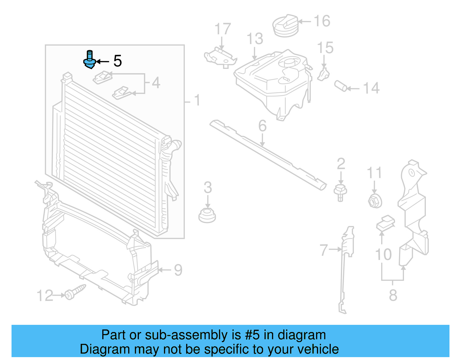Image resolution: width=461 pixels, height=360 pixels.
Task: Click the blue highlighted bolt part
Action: tap(90, 61)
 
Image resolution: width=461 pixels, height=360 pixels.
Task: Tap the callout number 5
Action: tap(117, 61)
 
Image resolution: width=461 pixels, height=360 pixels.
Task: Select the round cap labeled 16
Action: tap(285, 26)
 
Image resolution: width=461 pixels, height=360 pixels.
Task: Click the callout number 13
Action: tap(255, 39)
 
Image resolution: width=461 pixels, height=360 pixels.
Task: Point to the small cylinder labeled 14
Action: tap(341, 86)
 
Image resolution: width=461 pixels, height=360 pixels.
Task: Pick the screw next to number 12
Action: tap(75, 292)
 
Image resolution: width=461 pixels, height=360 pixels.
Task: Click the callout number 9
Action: tap(178, 270)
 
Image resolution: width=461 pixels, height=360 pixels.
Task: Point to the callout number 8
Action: tap(393, 295)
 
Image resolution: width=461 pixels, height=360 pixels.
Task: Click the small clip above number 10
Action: tap(386, 223)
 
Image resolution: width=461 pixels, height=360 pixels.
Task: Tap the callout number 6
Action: tap(262, 126)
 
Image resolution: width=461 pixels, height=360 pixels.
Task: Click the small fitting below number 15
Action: tap(324, 75)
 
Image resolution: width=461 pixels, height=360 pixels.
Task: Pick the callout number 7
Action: tap(324, 250)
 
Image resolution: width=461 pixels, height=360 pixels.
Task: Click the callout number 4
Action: tap(156, 83)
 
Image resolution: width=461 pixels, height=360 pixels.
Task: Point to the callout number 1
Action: tap(197, 100)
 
